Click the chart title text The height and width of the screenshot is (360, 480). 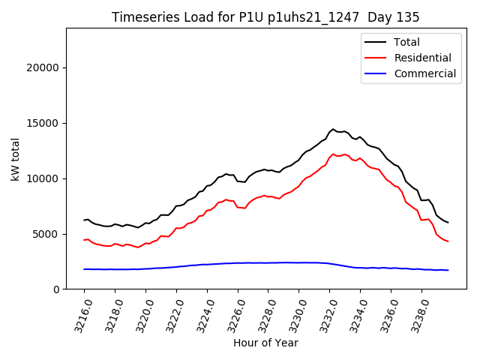265,16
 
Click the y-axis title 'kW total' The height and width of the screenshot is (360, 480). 16,158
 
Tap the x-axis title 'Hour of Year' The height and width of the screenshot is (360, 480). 265,343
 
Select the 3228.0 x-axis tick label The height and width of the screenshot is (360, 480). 264,313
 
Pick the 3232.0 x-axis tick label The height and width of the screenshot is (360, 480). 325,313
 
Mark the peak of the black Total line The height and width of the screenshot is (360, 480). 333,129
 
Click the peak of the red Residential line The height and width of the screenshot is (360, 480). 333,154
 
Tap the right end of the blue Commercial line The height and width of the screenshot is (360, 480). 448,270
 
